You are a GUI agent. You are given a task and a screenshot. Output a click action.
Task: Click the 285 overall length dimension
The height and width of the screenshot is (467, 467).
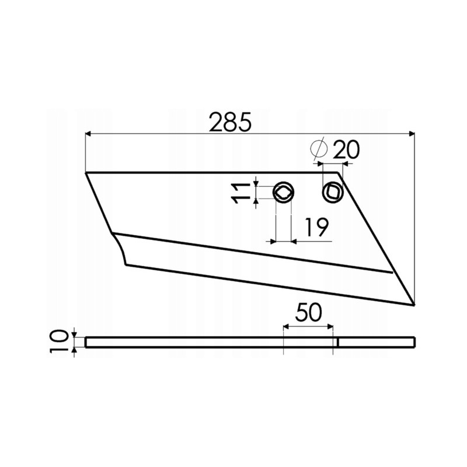coord(231,123)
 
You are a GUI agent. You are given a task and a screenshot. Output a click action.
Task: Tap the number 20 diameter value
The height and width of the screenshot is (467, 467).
coord(346,150)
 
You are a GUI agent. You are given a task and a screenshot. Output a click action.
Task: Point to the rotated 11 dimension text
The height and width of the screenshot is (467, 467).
coord(239,192)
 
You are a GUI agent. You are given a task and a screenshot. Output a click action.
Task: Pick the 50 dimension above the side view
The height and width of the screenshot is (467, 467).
coord(308,313)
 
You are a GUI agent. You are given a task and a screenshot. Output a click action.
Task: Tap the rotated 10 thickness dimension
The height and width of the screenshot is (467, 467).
coord(58,342)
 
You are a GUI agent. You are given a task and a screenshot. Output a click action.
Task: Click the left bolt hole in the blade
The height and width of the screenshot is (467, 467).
coord(284,191)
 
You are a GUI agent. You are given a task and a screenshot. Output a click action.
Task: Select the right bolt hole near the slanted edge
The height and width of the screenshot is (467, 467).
coord(332,191)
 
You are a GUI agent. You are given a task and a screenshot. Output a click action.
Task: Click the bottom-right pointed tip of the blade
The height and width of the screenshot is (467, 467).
coord(413,304)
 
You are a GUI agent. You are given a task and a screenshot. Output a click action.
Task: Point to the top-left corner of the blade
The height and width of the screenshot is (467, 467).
coord(86,173)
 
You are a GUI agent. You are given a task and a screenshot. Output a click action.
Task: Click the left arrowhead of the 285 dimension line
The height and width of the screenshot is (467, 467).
coord(89,134)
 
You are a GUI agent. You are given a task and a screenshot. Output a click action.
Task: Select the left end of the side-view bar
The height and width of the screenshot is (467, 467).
coord(86,342)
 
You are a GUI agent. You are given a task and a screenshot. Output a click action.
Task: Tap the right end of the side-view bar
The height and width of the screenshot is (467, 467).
coord(414,342)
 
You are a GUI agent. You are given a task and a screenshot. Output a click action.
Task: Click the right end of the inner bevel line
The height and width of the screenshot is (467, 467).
coord(392,272)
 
